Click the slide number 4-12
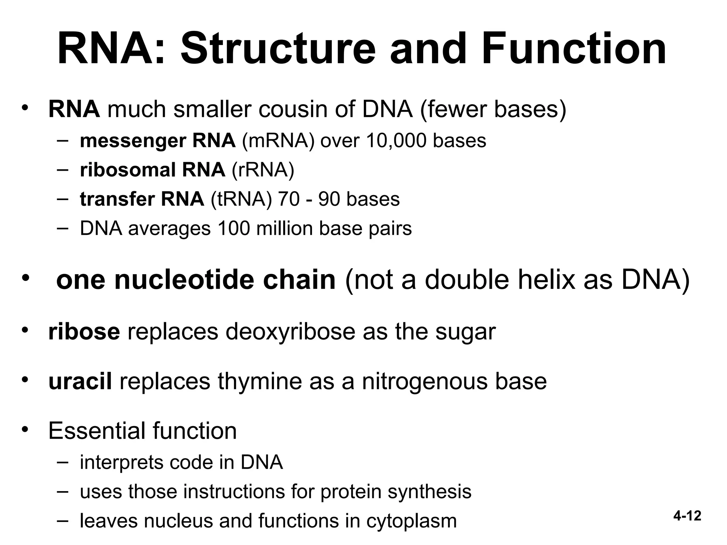point(687,516)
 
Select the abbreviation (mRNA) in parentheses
point(278,141)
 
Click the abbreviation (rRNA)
point(263,170)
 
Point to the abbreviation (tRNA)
point(241,199)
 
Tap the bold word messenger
point(133,141)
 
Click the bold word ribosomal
point(128,170)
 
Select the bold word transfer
point(117,199)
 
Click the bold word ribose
point(84,332)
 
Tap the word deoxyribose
point(290,332)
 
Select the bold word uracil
point(80,381)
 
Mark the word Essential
point(97,431)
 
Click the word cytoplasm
point(411,521)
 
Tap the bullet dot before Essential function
point(24,430)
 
